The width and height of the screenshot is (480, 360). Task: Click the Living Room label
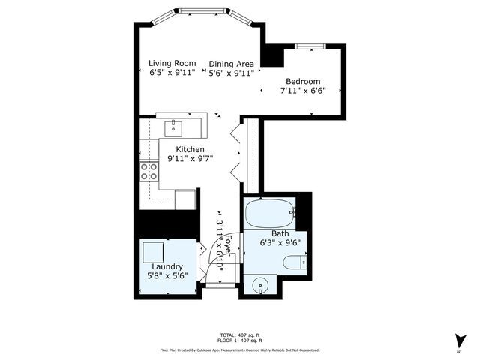(172, 63)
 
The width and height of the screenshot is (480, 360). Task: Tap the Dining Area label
(231, 64)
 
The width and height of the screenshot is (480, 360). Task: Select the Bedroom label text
(302, 82)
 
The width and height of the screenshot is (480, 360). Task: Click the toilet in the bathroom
(294, 262)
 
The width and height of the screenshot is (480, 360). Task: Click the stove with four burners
(149, 172)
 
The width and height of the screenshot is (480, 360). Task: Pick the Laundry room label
(167, 266)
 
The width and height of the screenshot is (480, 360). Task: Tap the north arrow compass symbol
(458, 340)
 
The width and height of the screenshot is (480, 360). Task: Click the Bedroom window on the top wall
(307, 46)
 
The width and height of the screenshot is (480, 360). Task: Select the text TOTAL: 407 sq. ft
(239, 334)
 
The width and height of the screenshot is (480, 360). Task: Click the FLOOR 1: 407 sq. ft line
(239, 340)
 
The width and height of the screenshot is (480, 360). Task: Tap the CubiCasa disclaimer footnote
(239, 349)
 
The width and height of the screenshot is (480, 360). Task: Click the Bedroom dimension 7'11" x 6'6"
(302, 91)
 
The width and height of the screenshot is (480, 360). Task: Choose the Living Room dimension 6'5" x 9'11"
(172, 73)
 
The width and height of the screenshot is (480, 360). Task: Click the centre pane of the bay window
(199, 11)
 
